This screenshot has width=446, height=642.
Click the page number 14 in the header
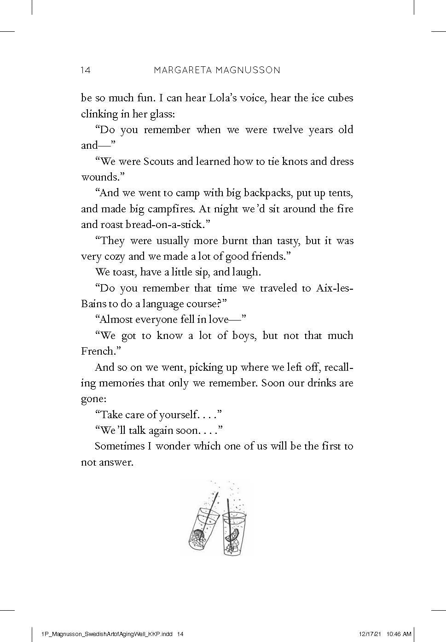86,70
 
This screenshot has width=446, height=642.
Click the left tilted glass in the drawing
203,530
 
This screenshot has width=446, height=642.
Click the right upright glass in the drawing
234,534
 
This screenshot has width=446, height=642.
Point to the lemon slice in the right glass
233,534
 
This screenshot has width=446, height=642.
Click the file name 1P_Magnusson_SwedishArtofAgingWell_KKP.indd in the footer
107,634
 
